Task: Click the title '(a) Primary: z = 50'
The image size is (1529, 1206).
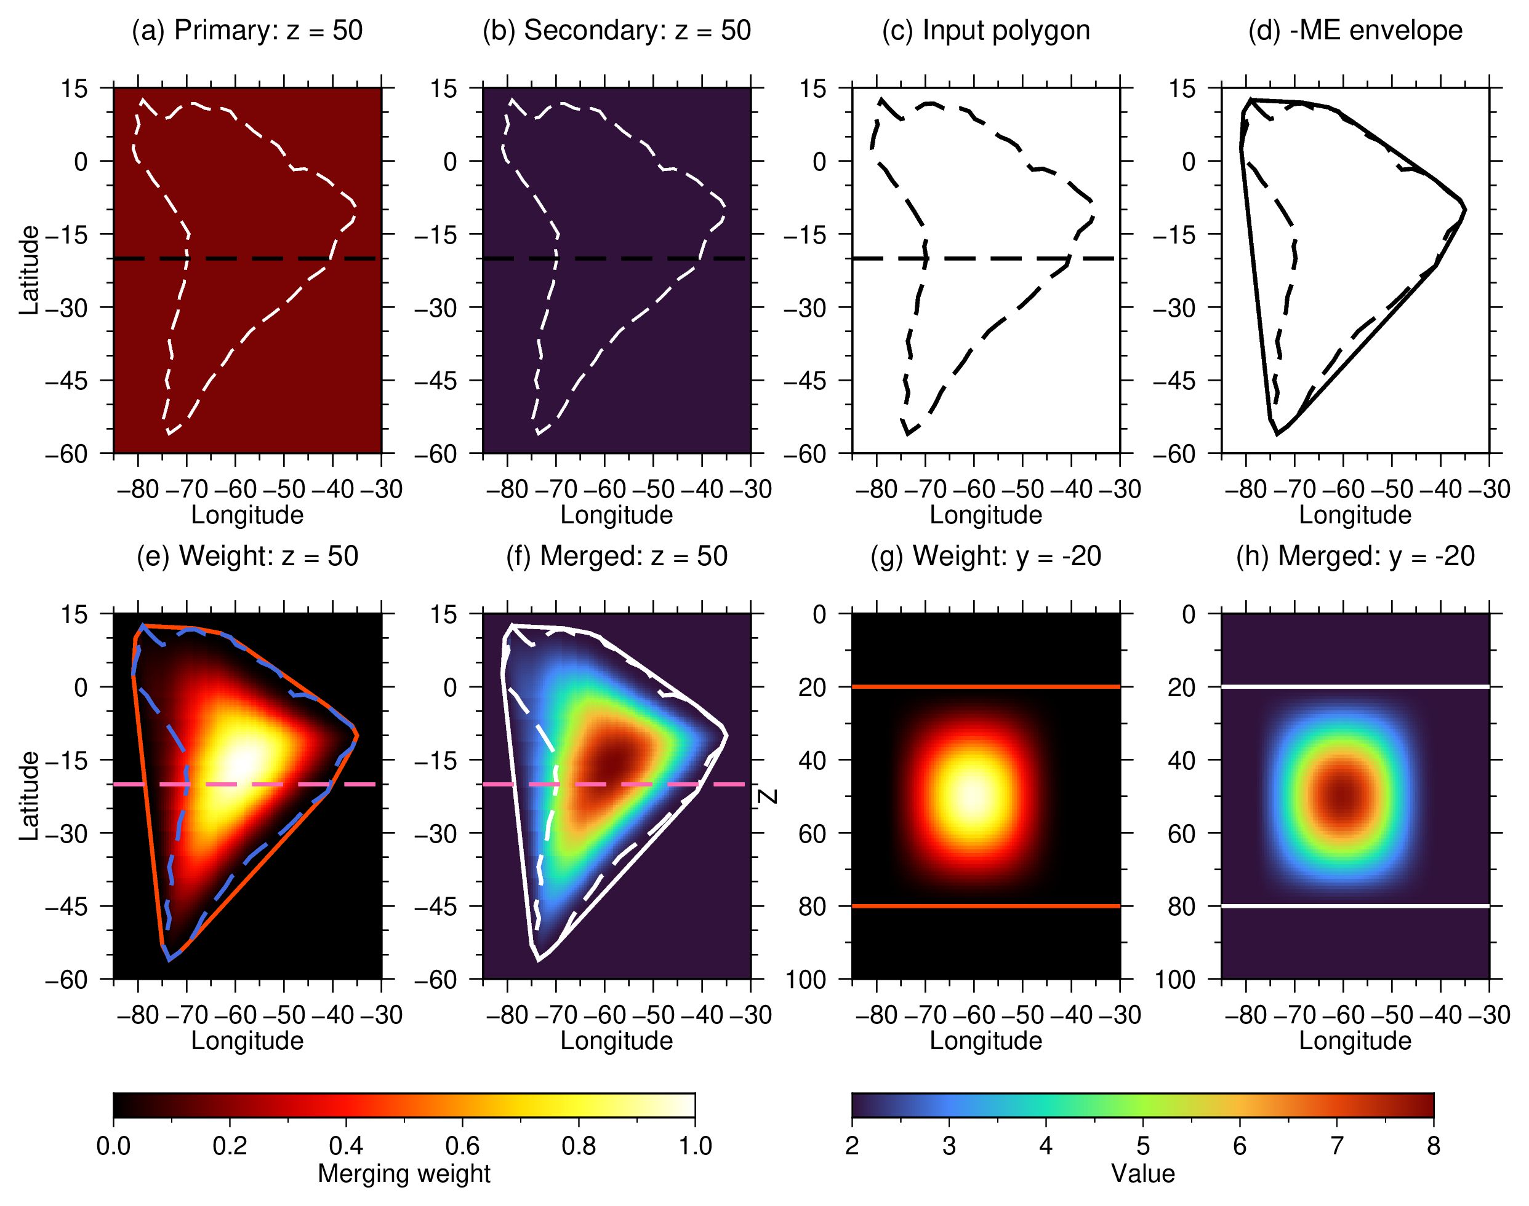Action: [x=247, y=30]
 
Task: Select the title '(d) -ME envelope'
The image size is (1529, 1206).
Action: [x=1355, y=30]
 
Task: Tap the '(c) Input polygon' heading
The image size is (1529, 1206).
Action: [x=985, y=30]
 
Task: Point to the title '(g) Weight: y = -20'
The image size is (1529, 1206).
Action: [x=985, y=557]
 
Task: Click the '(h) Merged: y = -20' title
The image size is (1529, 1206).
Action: [x=1355, y=557]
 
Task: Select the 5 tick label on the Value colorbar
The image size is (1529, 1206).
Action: [x=1142, y=1145]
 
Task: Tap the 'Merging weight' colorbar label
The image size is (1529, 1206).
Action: [x=404, y=1173]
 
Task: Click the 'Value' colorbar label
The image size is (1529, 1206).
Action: [x=1142, y=1173]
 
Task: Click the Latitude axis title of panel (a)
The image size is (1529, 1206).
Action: [x=29, y=271]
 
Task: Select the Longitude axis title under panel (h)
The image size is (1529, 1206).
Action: [x=1355, y=1041]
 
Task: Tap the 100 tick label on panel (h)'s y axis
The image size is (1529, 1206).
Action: [x=1174, y=979]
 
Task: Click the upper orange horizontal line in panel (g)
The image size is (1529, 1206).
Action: [x=985, y=686]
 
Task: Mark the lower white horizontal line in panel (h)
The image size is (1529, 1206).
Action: [x=1355, y=906]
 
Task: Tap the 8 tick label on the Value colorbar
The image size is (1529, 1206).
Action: [x=1433, y=1145]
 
